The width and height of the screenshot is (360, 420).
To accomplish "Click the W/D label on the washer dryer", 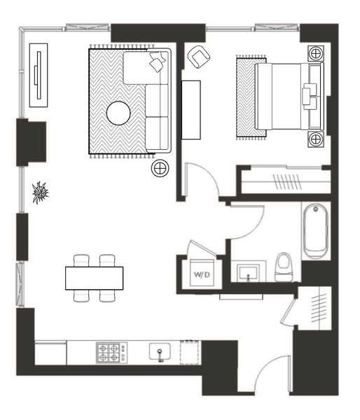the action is click(202, 274).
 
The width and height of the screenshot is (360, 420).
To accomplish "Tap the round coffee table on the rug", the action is click(118, 113).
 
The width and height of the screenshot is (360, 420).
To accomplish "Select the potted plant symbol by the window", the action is click(40, 192).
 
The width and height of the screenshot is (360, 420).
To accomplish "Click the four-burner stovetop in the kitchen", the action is click(111, 353).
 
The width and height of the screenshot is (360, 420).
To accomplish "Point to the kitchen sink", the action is click(160, 352).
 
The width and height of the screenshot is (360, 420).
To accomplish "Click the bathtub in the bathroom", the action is click(315, 232).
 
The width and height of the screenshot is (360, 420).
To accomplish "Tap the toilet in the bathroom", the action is click(284, 267).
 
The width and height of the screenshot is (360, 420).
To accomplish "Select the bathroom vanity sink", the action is click(248, 272).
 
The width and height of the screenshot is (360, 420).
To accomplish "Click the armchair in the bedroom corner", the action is click(199, 57).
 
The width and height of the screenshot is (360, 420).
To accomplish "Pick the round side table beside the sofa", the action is click(160, 168).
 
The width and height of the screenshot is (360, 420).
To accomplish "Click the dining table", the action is click(95, 278).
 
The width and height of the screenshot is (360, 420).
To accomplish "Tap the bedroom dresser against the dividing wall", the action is click(191, 110).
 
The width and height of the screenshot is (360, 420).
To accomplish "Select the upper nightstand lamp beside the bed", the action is click(316, 54).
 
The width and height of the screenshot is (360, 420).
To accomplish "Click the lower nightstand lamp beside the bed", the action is click(316, 139).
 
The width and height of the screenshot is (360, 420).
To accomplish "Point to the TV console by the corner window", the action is click(39, 76).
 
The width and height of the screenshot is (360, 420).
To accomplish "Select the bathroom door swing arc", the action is click(257, 228).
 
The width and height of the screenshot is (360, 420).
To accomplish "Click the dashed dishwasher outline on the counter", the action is click(190, 352).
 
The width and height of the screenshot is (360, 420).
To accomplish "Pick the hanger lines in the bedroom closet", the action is click(286, 181).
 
